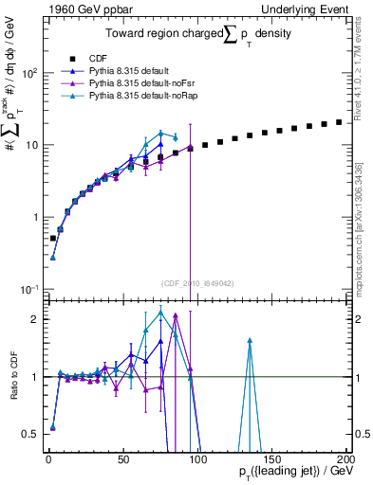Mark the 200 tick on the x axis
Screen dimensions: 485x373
[x=345, y=458]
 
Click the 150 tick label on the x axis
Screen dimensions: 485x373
[x=270, y=458]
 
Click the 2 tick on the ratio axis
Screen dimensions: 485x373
[x=34, y=319]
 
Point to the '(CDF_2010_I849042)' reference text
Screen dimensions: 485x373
[x=195, y=282]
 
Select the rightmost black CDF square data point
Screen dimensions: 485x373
[x=339, y=122]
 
